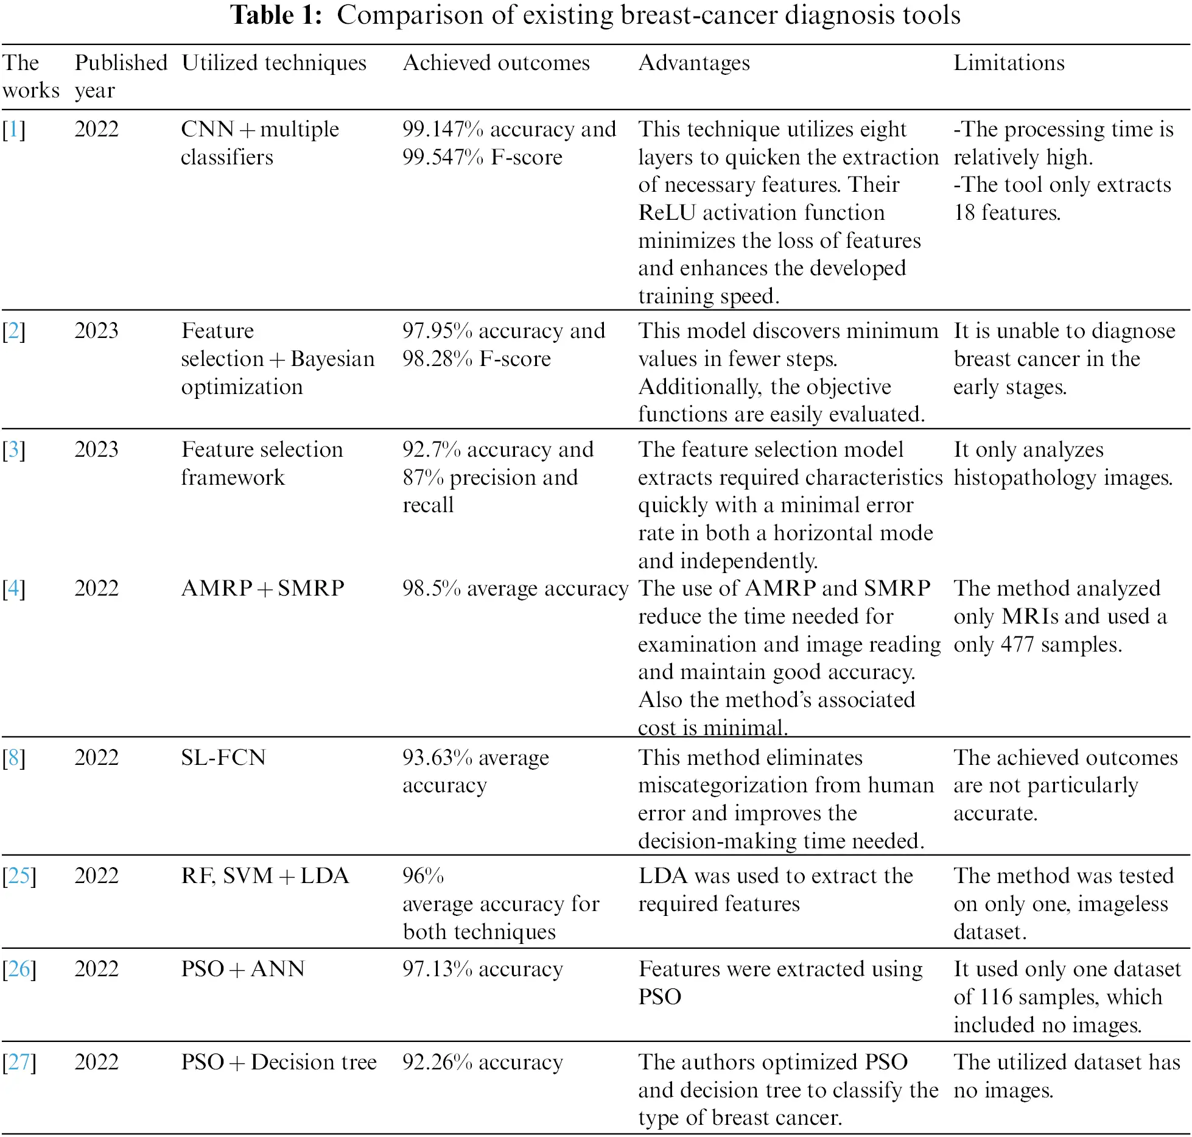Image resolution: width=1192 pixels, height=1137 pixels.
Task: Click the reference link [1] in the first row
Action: (13, 130)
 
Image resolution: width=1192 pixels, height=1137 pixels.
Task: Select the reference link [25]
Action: (19, 876)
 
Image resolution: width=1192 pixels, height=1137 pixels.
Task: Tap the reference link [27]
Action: (19, 1062)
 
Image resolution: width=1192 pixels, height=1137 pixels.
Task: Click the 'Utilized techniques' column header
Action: (274, 63)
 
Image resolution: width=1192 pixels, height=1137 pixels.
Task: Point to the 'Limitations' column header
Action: (1009, 63)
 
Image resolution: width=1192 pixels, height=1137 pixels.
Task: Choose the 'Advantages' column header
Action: (694, 63)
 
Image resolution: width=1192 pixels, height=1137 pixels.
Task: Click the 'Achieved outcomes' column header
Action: (496, 63)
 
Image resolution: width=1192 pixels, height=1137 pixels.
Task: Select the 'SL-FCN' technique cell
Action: (223, 758)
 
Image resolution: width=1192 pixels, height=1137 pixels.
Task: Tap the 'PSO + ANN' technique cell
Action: (243, 969)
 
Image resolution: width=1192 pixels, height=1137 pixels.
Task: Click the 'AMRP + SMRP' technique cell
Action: (263, 588)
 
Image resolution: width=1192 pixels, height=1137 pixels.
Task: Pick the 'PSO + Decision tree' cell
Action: (279, 1062)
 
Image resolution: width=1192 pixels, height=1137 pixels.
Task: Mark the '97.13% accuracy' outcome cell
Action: (482, 969)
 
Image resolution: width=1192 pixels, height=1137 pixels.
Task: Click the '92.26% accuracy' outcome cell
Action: (482, 1062)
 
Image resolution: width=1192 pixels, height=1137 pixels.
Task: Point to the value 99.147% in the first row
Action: (443, 130)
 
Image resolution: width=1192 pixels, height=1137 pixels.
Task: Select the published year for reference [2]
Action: (96, 331)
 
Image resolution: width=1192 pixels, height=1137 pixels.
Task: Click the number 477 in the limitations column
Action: (1017, 644)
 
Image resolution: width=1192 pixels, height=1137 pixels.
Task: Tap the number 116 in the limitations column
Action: (995, 997)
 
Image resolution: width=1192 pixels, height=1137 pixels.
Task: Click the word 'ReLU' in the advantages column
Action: (667, 213)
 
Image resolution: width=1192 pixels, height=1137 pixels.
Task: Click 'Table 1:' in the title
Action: (276, 15)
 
